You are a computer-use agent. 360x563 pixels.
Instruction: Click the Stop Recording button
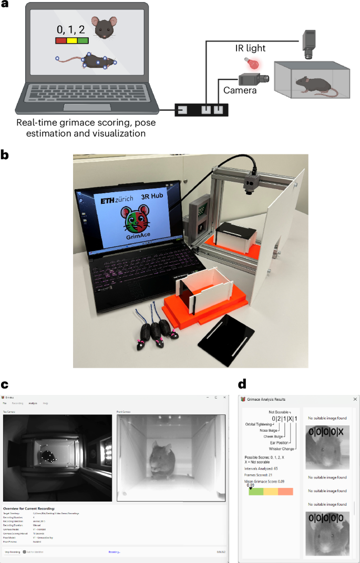[x=11, y=552]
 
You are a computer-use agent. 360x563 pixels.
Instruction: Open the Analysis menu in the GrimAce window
[x=33, y=403]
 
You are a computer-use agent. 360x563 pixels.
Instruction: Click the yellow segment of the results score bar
[x=271, y=492]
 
